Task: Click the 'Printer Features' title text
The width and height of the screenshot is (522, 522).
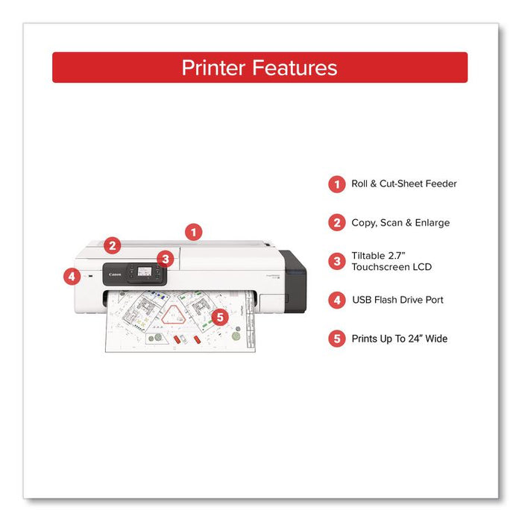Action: pyautogui.click(x=260, y=68)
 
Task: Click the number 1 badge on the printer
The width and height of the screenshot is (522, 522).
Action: pyautogui.click(x=193, y=232)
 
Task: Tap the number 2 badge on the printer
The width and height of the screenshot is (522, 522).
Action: pyautogui.click(x=112, y=245)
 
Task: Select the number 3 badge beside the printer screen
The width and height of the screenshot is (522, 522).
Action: pyautogui.click(x=166, y=259)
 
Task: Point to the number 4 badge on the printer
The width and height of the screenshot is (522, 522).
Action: pyautogui.click(x=71, y=277)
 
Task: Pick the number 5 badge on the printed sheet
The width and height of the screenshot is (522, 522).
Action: pyautogui.click(x=218, y=316)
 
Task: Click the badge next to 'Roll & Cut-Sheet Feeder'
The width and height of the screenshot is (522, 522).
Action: pyautogui.click(x=337, y=184)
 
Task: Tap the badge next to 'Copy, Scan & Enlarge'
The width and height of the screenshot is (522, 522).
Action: pyautogui.click(x=337, y=222)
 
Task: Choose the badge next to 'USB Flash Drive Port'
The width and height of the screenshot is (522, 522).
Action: pyautogui.click(x=337, y=300)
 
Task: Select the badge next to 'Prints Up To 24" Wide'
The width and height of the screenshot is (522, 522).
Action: pyautogui.click(x=337, y=339)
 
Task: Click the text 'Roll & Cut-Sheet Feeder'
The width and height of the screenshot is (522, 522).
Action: pyautogui.click(x=404, y=184)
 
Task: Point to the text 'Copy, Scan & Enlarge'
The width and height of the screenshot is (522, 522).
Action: pyautogui.click(x=400, y=222)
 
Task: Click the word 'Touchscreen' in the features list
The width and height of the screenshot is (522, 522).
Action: pyautogui.click(x=380, y=267)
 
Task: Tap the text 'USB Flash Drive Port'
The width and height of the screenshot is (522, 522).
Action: pyautogui.click(x=397, y=300)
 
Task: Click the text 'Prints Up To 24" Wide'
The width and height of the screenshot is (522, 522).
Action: pyautogui.click(x=400, y=339)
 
